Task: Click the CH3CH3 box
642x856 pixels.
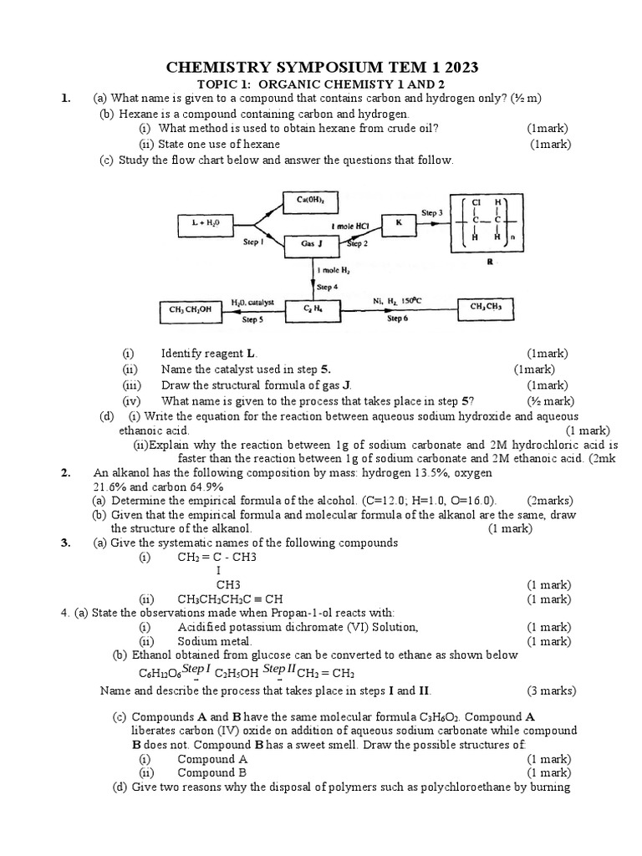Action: tap(487, 308)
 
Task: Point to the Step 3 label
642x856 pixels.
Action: tap(432, 213)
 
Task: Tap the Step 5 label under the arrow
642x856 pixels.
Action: tap(252, 319)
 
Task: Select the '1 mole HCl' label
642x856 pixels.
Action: tap(350, 227)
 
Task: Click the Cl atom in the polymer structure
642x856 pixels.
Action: tap(476, 202)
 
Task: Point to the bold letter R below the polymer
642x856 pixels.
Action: tap(490, 261)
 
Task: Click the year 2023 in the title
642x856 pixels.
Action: tap(457, 67)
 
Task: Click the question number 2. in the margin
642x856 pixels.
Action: tap(66, 472)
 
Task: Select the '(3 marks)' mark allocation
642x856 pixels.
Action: tap(551, 690)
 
